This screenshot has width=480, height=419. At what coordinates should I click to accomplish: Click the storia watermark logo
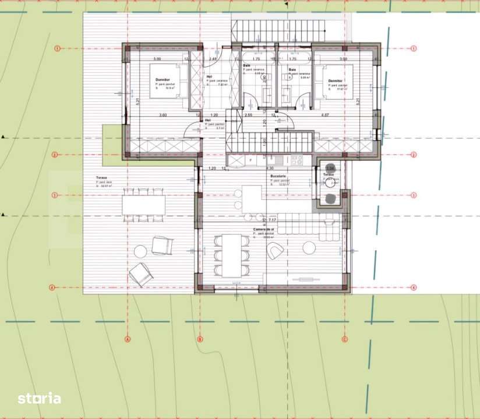pos(39,399)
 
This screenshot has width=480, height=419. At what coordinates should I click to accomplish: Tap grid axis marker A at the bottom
pos(127,339)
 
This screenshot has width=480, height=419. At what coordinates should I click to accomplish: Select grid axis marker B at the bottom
pos(199,339)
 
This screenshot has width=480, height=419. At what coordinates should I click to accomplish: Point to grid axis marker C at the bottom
pos(344,339)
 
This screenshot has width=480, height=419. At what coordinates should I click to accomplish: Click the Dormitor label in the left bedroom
pos(163,80)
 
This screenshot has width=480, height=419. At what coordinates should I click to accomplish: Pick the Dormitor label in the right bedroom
pos(335,81)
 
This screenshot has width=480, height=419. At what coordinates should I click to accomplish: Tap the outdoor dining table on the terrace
pos(143,205)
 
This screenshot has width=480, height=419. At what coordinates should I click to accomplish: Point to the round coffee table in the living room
pos(309,248)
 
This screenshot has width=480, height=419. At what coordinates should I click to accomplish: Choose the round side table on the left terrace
pos(140,251)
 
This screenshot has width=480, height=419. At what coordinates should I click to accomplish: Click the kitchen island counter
pos(252,200)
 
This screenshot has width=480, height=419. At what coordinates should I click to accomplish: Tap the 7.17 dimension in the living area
pos(272,221)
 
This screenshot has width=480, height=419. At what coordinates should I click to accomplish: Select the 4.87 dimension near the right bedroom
pos(326,115)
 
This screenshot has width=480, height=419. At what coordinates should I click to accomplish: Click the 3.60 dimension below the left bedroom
pos(163,115)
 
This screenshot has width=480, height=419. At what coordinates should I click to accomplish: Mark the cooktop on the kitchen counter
pos(297,159)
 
